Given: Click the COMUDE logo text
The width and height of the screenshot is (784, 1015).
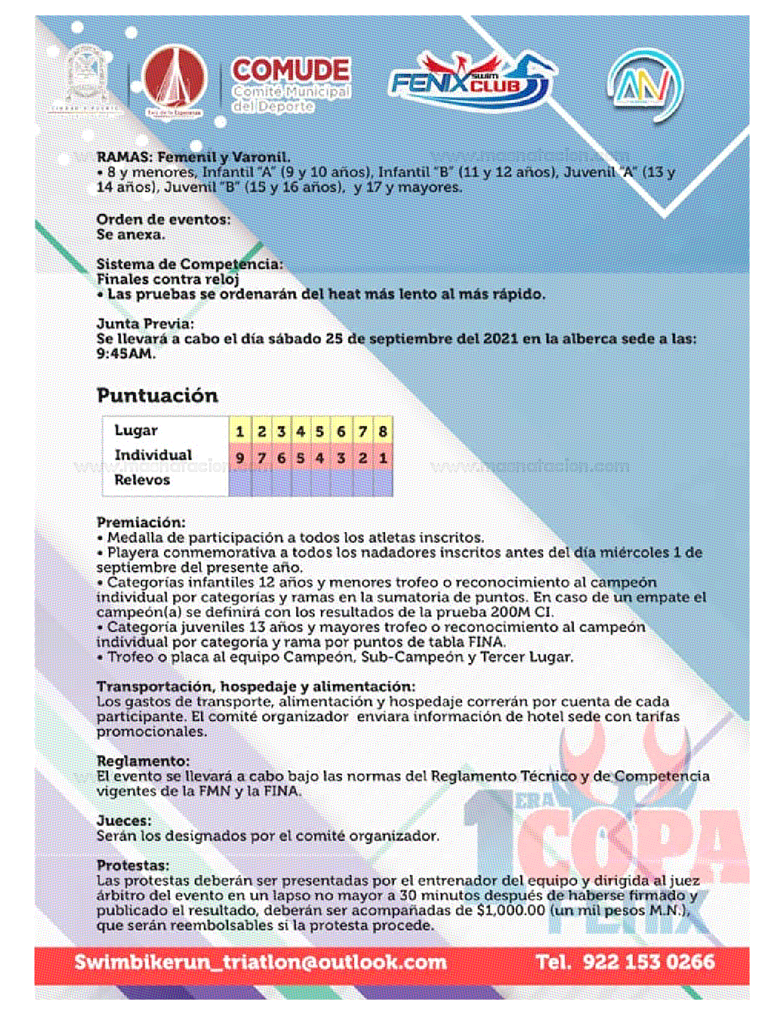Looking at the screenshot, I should click(x=290, y=71).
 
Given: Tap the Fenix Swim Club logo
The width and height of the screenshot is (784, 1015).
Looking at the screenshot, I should click(x=470, y=80).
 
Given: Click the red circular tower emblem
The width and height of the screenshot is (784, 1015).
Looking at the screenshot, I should click(x=175, y=80).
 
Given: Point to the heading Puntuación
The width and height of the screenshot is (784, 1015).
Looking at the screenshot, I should click(x=157, y=395).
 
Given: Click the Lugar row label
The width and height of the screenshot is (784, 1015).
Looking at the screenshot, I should click(x=136, y=431).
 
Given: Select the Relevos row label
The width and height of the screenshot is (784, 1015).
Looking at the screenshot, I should click(x=142, y=480).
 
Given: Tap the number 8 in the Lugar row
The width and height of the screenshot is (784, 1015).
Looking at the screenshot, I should click(x=382, y=431).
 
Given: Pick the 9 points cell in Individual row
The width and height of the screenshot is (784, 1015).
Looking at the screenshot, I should click(x=240, y=458).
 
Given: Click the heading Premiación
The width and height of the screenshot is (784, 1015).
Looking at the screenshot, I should click(x=141, y=522).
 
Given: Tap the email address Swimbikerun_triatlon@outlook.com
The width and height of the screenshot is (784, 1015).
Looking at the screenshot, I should click(x=260, y=962).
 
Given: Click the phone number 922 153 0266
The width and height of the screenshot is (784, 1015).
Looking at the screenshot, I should click(x=648, y=962).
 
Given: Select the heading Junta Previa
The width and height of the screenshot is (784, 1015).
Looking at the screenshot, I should click(x=145, y=324).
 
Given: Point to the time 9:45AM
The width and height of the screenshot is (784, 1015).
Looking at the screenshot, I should click(x=126, y=354).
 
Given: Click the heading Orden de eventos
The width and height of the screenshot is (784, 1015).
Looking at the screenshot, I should click(x=164, y=219).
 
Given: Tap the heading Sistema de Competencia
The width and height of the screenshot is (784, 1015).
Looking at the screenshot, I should click(x=189, y=264).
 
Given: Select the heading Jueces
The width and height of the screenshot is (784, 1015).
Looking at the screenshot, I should click(x=124, y=821).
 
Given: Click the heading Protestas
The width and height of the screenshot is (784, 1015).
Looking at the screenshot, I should click(x=133, y=866).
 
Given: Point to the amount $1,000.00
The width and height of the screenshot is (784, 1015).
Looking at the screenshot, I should click(x=510, y=910).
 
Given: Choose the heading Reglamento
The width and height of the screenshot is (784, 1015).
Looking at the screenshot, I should click(x=143, y=761).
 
